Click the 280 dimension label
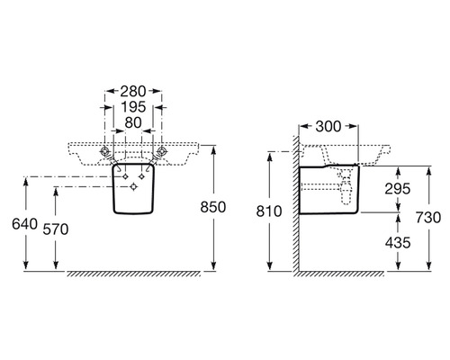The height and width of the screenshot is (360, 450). [x=133, y=92]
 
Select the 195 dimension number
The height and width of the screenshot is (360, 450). [x=133, y=107]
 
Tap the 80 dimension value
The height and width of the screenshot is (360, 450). [x=133, y=122]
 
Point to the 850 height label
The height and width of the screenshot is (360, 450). [x=213, y=207]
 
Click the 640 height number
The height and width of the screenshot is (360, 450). [x=24, y=224]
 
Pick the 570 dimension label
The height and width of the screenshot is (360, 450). [x=56, y=229]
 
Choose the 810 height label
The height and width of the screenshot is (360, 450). [x=269, y=211]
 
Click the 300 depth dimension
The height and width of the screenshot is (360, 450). [x=328, y=127]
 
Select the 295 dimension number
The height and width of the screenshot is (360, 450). [x=398, y=189]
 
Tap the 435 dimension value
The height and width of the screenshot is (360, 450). [x=398, y=243]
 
